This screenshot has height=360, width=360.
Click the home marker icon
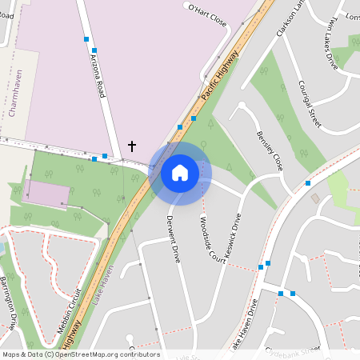point(180,172)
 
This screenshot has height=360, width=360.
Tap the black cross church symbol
point(132,146)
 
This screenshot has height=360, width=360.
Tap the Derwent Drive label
point(174,238)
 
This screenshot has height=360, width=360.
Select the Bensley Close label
point(269,151)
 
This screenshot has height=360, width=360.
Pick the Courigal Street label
point(309,104)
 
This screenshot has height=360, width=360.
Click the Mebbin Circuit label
point(67,308)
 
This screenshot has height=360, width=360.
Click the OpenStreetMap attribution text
point(80,354)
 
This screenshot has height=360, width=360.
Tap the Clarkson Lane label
point(288,19)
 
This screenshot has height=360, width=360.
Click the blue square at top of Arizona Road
point(85,38)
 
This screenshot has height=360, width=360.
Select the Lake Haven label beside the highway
point(102,281)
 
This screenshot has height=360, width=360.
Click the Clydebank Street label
point(292,350)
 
